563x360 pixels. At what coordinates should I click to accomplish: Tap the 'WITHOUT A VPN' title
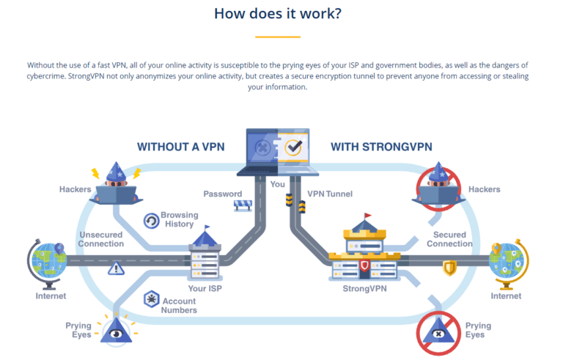coord(180,147)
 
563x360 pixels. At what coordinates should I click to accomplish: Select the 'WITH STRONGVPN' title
coord(382,147)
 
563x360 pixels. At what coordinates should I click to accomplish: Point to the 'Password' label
coord(222,194)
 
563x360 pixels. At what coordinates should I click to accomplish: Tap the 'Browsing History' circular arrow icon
coord(151,220)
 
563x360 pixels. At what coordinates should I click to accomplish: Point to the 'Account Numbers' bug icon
coord(151,299)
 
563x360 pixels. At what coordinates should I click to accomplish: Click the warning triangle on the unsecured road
coord(115,268)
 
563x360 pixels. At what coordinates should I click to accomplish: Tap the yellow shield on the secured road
coord(449,268)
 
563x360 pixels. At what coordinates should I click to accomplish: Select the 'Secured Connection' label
coord(449,239)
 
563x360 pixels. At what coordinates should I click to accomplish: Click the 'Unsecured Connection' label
coord(101,239)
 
